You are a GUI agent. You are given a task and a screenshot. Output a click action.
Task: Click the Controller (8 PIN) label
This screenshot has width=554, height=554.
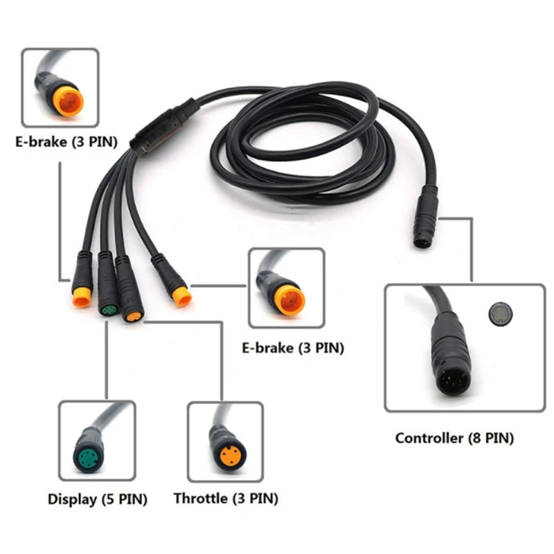pyautogui.click(x=454, y=438)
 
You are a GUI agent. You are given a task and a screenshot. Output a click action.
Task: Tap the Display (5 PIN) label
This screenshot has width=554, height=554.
pyautogui.click(x=97, y=499)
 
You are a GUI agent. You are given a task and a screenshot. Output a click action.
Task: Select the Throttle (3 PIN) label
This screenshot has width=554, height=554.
pyautogui.click(x=226, y=499)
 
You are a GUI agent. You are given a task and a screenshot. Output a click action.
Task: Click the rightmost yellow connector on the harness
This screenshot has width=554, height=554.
pyautogui.click(x=182, y=296)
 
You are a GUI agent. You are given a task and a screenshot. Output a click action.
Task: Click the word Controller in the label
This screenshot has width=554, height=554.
pyautogui.click(x=428, y=438)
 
